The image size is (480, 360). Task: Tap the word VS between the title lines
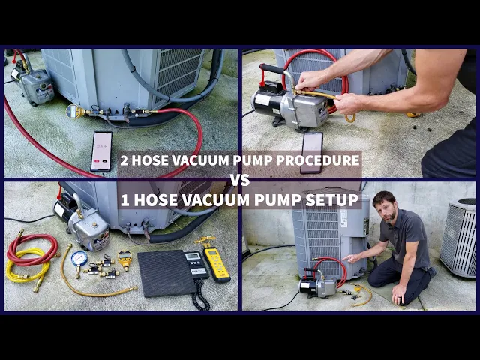pyautogui.click(x=240, y=180)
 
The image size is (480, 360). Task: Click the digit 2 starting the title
pyautogui.click(x=124, y=160)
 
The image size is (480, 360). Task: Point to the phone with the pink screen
pyautogui.click(x=101, y=151)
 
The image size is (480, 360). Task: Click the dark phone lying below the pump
pyautogui.click(x=312, y=152)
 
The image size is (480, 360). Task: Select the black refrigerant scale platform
pyautogui.click(x=166, y=273)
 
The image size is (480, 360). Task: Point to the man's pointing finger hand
pyautogui.click(x=351, y=258)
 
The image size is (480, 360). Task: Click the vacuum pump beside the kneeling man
pyautogui.click(x=318, y=285)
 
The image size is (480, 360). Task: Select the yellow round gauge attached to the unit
pyautogui.click(x=73, y=112)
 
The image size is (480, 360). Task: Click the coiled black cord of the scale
pyautogui.click(x=200, y=295)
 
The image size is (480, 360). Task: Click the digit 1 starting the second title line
pyautogui.click(x=125, y=200)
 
